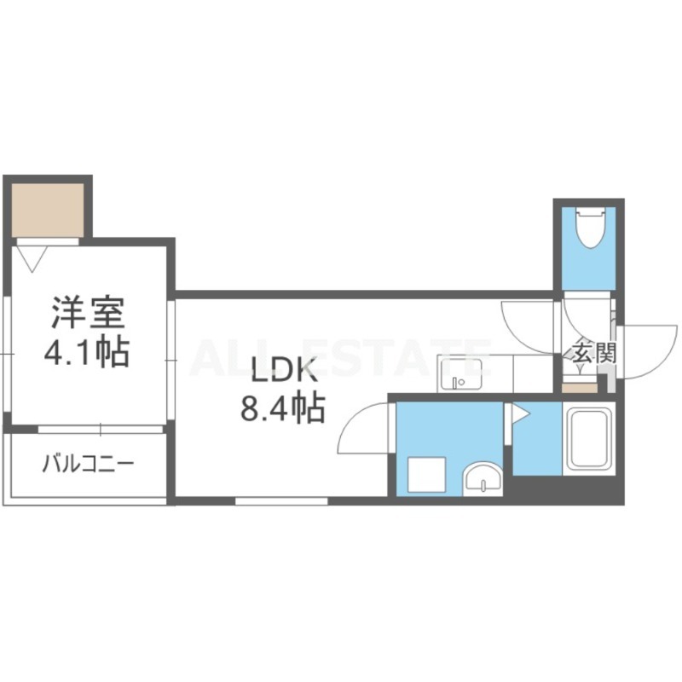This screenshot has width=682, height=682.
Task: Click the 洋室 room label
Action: (x=89, y=312)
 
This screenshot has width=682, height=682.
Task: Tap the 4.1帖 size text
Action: (x=87, y=351)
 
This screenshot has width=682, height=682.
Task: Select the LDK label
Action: (x=283, y=370)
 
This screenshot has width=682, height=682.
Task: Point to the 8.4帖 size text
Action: (x=283, y=407)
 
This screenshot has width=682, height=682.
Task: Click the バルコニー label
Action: (x=89, y=464)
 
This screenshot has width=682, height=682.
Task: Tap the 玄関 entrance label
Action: (x=594, y=353)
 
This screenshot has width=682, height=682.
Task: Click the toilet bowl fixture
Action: (x=589, y=228)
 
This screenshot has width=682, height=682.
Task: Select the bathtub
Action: (x=588, y=438)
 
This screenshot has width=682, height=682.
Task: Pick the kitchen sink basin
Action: (x=460, y=374)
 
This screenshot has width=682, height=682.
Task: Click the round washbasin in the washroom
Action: (x=483, y=479)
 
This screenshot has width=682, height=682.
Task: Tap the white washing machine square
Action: (x=427, y=475)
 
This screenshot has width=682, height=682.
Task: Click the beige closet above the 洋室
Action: (x=48, y=210)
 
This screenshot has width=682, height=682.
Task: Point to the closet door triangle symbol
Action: (x=32, y=259)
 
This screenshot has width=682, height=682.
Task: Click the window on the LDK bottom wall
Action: (x=281, y=501)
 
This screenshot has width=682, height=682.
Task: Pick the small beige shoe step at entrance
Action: (x=579, y=389)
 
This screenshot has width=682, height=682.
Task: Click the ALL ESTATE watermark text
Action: (x=341, y=358)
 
